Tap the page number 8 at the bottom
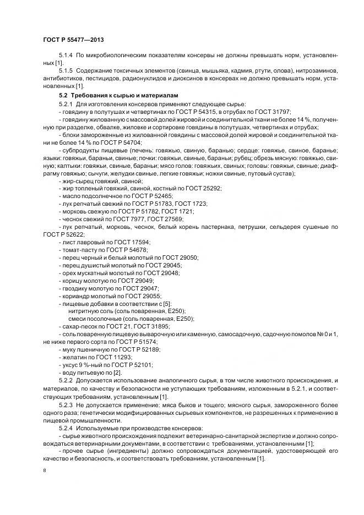point(44,471)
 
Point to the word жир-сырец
point(75,180)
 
